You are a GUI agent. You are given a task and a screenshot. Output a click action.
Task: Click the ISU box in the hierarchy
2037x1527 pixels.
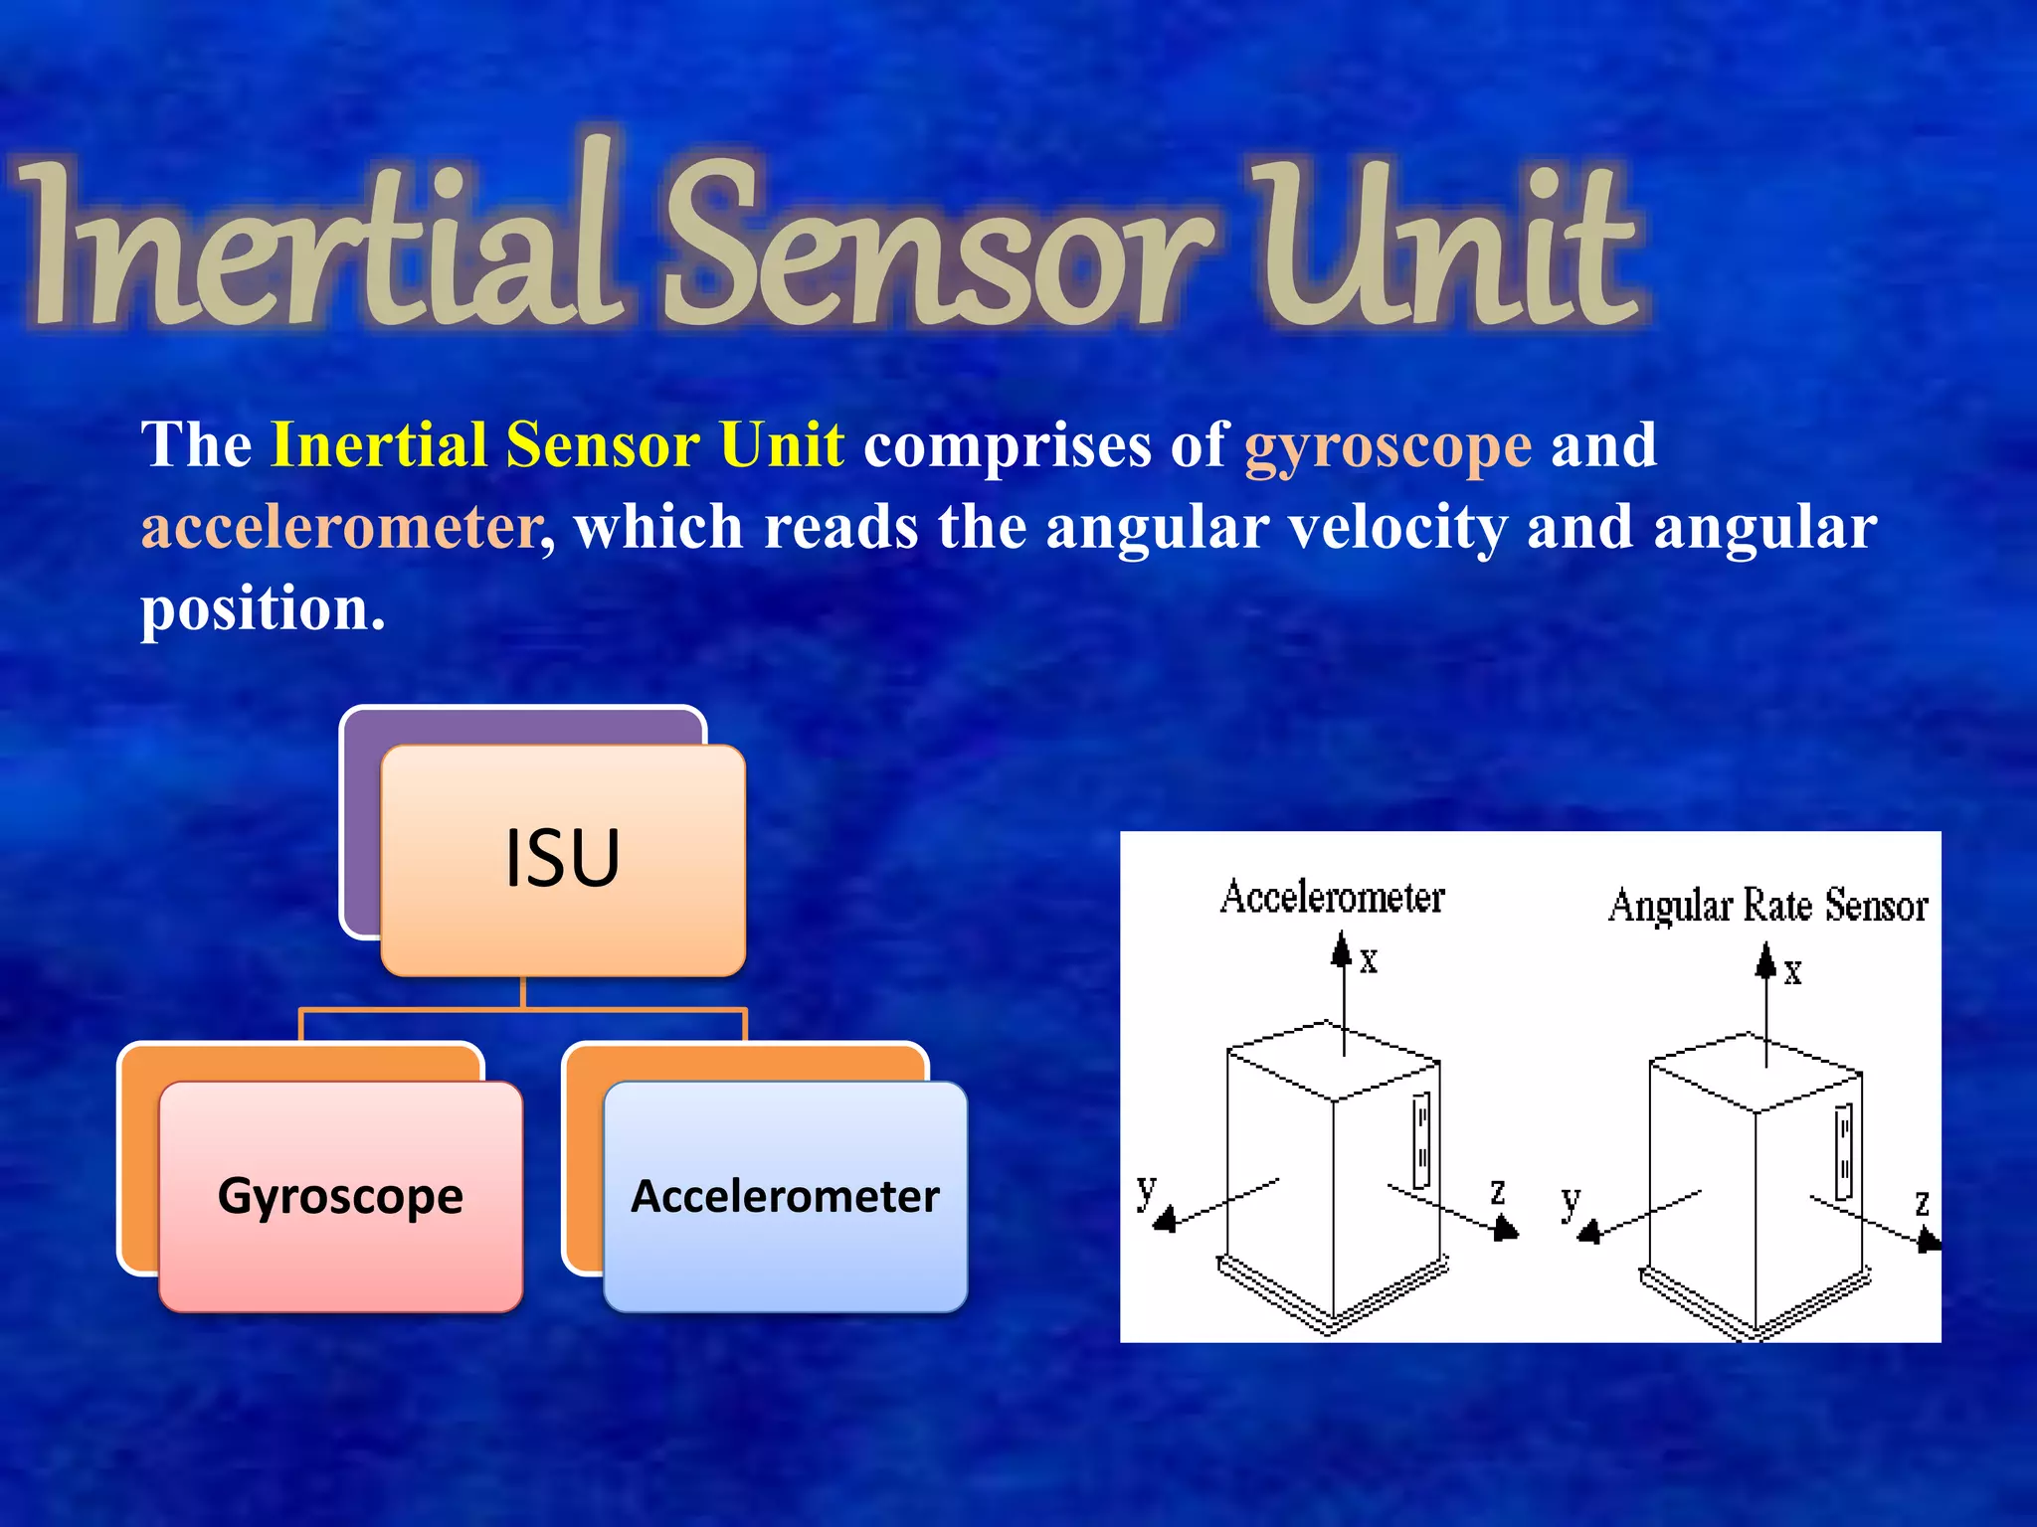click(x=563, y=859)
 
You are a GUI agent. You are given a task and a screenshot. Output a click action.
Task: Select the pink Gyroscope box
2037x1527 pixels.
click(x=340, y=1196)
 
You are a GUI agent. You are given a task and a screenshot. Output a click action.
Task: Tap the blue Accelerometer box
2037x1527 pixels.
click(x=785, y=1196)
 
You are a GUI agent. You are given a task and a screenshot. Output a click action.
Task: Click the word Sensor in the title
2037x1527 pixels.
click(x=935, y=249)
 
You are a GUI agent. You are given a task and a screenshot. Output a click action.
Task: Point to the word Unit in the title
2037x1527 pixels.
click(x=1442, y=249)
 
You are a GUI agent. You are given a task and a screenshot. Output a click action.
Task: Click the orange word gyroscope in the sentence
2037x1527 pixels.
click(x=1388, y=445)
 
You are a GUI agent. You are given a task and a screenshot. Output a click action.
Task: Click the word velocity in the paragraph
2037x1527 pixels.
click(x=1397, y=527)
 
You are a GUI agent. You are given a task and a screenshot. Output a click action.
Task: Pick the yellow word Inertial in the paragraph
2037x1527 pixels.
click(x=378, y=444)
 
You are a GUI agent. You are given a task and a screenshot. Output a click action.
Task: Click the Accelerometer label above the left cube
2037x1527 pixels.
click(x=1332, y=897)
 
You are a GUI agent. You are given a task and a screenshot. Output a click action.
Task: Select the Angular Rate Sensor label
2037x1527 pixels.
click(x=1767, y=906)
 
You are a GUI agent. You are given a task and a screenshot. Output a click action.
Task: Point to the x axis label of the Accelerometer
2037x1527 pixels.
click(x=1370, y=960)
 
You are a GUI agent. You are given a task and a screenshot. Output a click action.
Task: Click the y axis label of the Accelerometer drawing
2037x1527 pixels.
click(x=1147, y=1189)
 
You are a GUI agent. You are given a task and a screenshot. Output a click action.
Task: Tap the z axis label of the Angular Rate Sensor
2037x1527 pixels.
click(x=1922, y=1203)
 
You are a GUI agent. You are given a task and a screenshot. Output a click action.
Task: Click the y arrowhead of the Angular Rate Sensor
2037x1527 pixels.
click(x=1589, y=1233)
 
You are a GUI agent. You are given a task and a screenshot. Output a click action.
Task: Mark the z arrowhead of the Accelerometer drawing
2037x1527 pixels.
click(x=1506, y=1231)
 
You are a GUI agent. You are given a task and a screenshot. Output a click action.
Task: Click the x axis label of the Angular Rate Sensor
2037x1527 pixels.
click(x=1792, y=971)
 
